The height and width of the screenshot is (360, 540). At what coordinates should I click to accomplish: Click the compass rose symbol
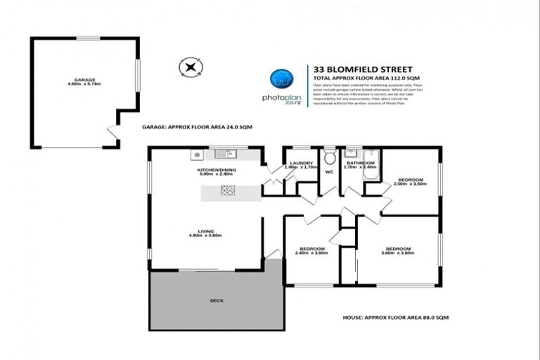point(189,67)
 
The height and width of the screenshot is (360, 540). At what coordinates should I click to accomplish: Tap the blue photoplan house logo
point(281,79)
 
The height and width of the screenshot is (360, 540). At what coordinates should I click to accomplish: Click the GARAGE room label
point(85,80)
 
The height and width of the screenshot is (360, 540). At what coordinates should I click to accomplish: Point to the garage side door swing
point(110,132)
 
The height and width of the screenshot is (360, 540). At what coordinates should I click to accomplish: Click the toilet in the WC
point(329,158)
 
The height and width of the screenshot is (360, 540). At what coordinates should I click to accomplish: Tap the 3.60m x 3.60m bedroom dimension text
point(397,253)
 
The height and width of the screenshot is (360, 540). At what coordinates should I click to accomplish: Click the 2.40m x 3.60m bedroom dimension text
point(311,253)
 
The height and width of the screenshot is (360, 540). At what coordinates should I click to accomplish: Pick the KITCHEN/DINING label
point(214,169)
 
